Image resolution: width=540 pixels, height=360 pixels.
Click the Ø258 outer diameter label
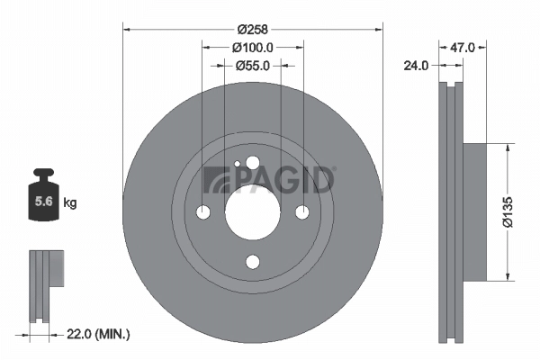tap(253, 15)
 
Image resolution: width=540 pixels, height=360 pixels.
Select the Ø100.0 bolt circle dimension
tap(253, 46)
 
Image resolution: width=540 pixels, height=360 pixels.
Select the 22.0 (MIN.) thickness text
tap(99, 334)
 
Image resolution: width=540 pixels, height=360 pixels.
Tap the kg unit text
tap(71, 203)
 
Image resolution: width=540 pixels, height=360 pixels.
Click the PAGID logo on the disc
tap(269, 179)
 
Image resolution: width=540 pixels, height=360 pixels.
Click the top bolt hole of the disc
tap(252, 163)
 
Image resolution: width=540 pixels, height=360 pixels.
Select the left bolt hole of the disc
tap(202, 212)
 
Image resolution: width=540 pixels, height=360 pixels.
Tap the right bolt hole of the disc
tap(302, 212)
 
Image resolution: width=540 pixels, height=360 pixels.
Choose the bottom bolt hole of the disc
tap(252, 262)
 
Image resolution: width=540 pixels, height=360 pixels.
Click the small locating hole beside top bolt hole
tap(236, 165)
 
